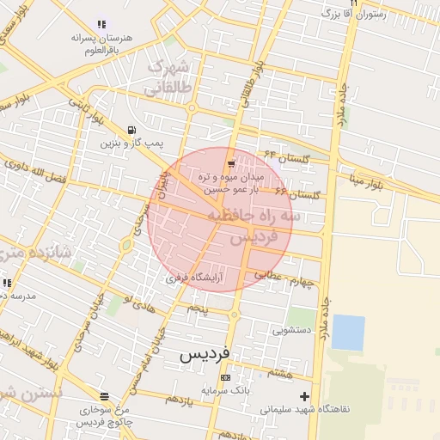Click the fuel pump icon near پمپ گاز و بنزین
click(131, 130)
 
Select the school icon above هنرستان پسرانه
click(101, 25)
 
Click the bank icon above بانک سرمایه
click(225, 377)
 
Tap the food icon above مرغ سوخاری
click(104, 396)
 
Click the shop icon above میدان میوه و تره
click(230, 164)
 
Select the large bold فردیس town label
click(205, 354)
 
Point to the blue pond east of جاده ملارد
click(347, 333)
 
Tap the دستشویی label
click(290, 328)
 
